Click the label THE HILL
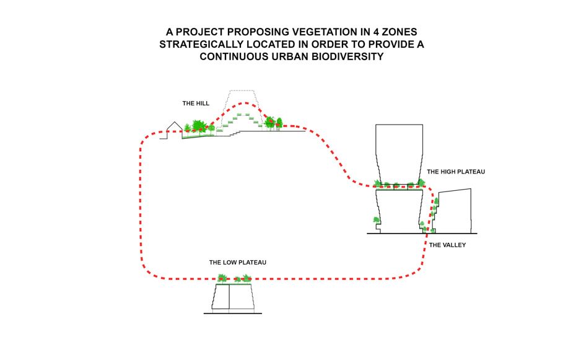tap(195, 103)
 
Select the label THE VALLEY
tap(447, 245)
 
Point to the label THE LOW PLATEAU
tap(238, 263)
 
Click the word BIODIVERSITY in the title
tap(342, 56)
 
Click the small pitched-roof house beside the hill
tap(174, 128)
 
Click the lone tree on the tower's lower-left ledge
tap(373, 220)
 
